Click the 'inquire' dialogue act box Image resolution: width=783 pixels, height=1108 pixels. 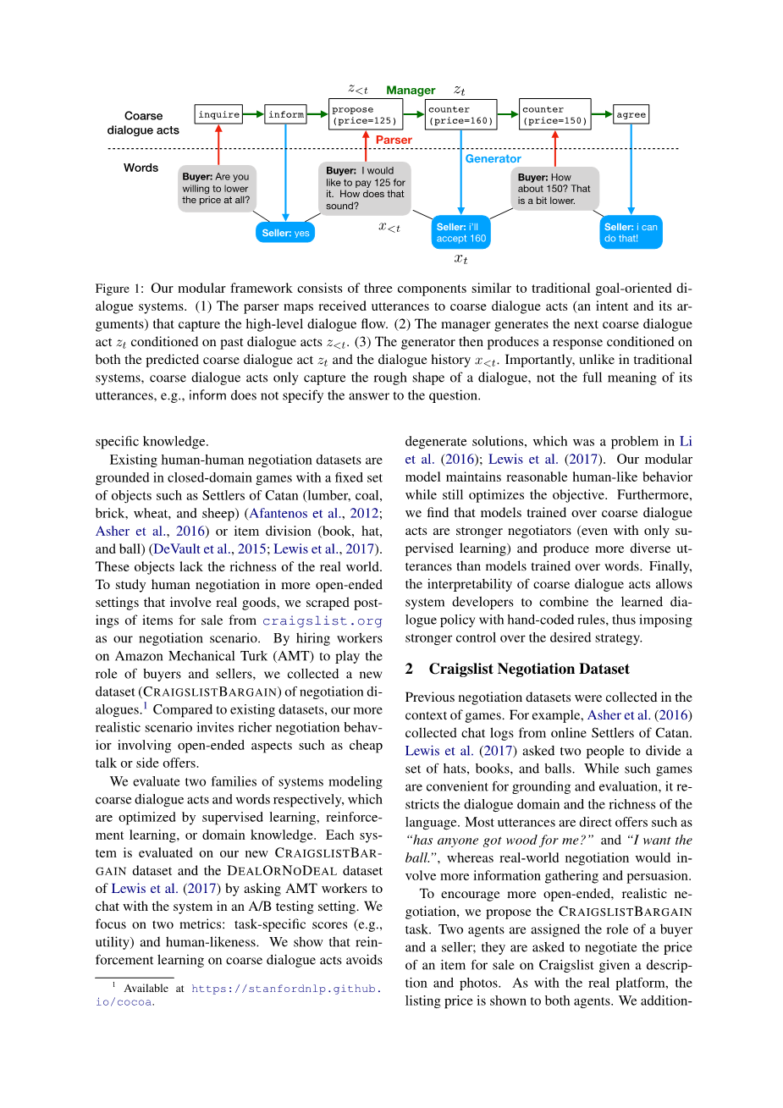[218, 114]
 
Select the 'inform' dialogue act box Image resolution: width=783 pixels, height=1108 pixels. [286, 114]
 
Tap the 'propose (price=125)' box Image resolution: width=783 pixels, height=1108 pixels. [365, 114]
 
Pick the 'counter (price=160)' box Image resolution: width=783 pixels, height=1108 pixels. [460, 114]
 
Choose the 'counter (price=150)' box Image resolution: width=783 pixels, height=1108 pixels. [554, 114]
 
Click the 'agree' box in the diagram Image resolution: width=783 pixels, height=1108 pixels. [631, 114]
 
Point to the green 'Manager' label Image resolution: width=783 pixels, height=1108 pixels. [411, 90]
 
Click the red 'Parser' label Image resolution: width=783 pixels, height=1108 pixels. [394, 140]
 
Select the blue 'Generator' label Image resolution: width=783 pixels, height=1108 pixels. [493, 158]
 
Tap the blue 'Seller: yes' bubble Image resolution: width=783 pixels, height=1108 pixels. [285, 233]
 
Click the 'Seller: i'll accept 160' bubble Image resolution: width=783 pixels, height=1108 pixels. [461, 233]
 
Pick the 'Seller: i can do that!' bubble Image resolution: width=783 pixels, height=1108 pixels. [631, 233]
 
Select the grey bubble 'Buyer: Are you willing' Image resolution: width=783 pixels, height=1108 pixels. [218, 189]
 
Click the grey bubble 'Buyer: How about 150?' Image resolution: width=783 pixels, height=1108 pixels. [554, 189]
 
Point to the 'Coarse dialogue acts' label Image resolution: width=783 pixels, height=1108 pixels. [143, 123]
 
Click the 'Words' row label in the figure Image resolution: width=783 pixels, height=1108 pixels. [141, 168]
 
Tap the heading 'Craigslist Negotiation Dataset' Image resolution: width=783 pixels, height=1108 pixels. [528, 669]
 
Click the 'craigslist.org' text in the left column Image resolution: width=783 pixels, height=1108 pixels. [322, 620]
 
